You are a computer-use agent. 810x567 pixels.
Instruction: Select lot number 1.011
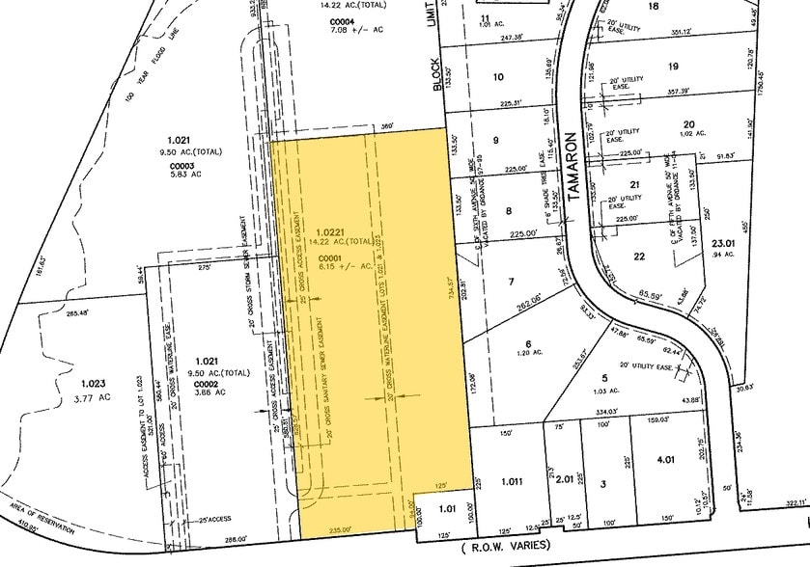tap(512, 480)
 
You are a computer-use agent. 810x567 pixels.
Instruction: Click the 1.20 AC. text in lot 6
tap(528, 355)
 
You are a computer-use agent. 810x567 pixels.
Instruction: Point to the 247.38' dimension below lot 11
tap(515, 39)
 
